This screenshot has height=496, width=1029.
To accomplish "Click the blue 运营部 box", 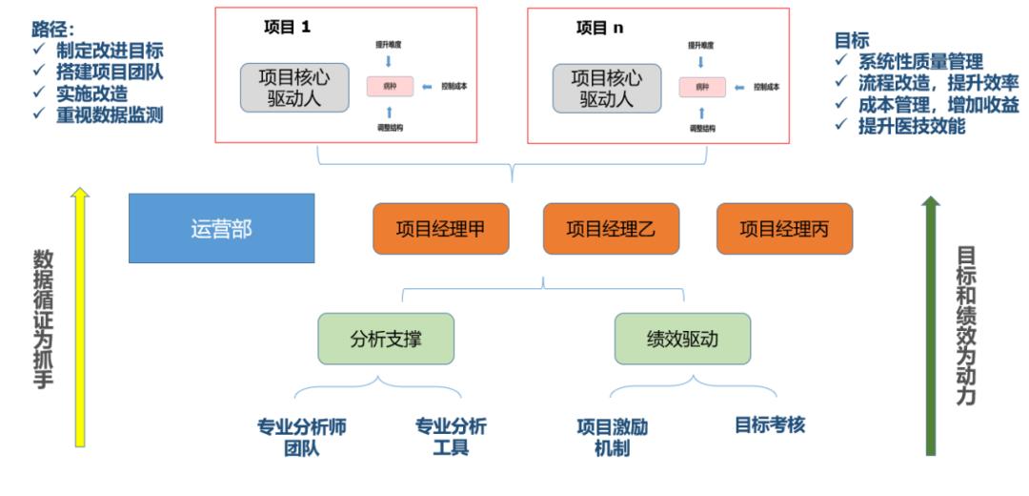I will tap(221, 228).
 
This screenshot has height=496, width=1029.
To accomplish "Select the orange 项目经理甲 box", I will tap(440, 229).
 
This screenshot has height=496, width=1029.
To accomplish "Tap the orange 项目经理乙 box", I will tap(610, 229).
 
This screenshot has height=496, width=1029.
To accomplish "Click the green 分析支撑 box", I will tap(385, 339).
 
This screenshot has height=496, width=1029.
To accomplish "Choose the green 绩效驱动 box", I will tap(682, 339).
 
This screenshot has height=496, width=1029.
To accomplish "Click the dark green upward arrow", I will tap(932, 324).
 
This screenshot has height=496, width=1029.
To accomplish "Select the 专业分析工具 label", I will tap(451, 437).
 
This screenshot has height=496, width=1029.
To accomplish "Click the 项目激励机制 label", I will tap(612, 437).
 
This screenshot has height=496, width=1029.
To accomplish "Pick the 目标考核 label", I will tap(770, 425).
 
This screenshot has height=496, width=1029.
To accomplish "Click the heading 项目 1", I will tap(287, 28).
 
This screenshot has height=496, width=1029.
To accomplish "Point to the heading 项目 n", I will tap(600, 28).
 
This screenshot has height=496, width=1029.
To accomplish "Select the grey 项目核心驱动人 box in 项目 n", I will tap(607, 87).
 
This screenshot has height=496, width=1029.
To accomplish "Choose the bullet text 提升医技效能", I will tap(912, 127).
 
